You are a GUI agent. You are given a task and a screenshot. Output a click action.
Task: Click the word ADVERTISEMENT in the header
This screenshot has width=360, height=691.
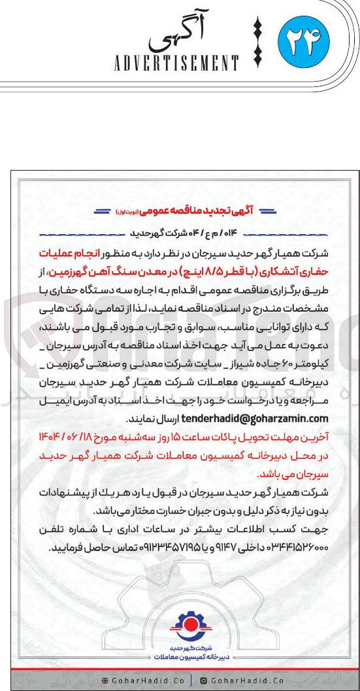[177, 63]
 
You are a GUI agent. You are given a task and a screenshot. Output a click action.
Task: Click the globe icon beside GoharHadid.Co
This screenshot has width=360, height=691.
[106, 681]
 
